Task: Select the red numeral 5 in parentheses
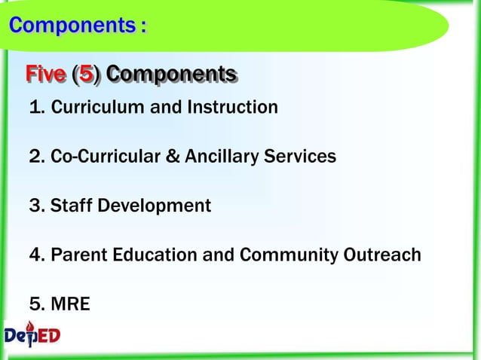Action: click(87, 75)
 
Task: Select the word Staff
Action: click(70, 206)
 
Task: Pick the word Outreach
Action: click(382, 255)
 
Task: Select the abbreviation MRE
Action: click(70, 304)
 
